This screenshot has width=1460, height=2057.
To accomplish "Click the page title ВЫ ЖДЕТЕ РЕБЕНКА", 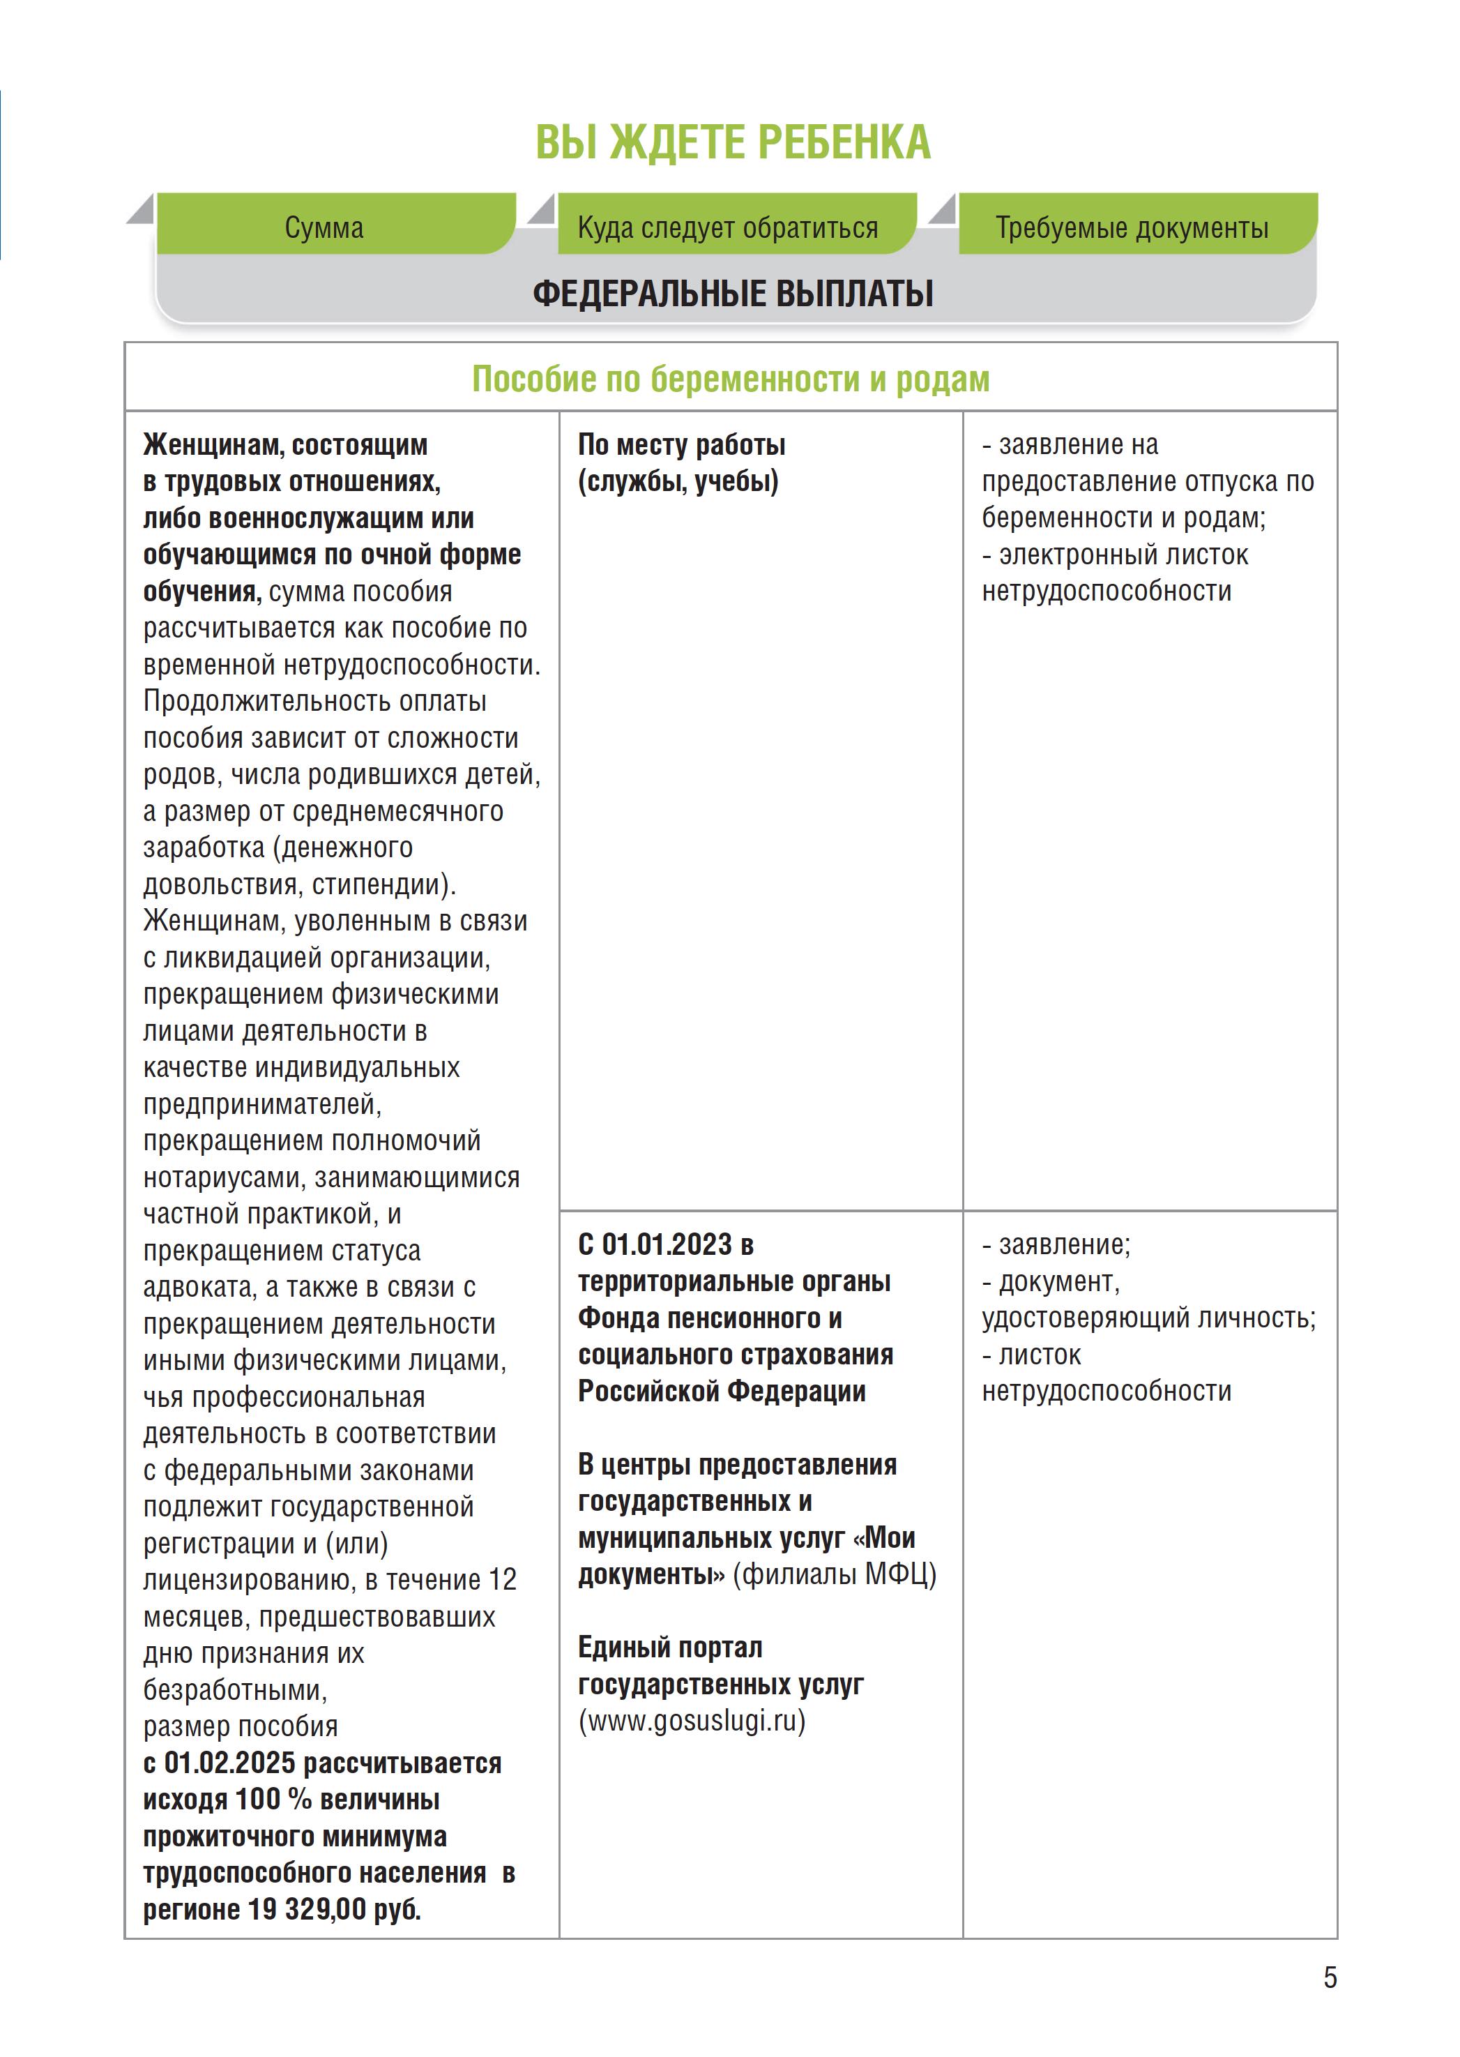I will click(733, 142).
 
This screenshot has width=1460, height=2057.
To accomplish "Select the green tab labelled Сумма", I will click(324, 227).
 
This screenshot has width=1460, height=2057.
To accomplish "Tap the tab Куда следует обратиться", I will click(727, 227).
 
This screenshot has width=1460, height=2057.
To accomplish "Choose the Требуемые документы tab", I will click(1131, 227).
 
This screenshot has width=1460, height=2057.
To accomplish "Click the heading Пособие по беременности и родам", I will click(730, 379).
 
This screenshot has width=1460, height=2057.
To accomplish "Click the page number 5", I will click(1330, 1977).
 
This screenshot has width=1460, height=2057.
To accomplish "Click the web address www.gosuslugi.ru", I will click(692, 1721).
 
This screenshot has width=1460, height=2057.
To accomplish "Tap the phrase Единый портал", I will click(670, 1647).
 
